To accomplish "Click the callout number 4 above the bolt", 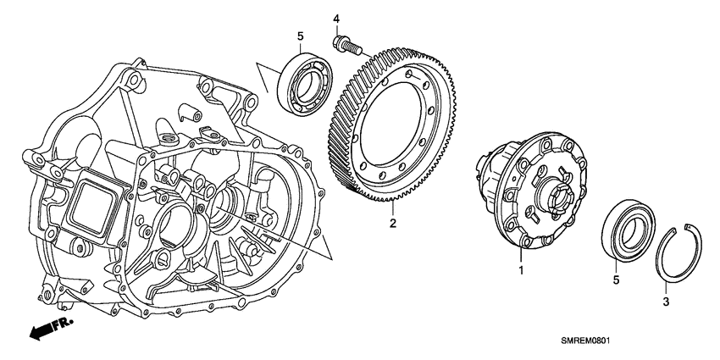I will pos(335,19).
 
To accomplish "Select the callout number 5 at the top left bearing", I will pos(299,36).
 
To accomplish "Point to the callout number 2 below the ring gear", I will pos(392,224).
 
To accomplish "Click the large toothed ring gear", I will pos(398,127).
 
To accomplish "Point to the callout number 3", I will pos(666,301).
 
